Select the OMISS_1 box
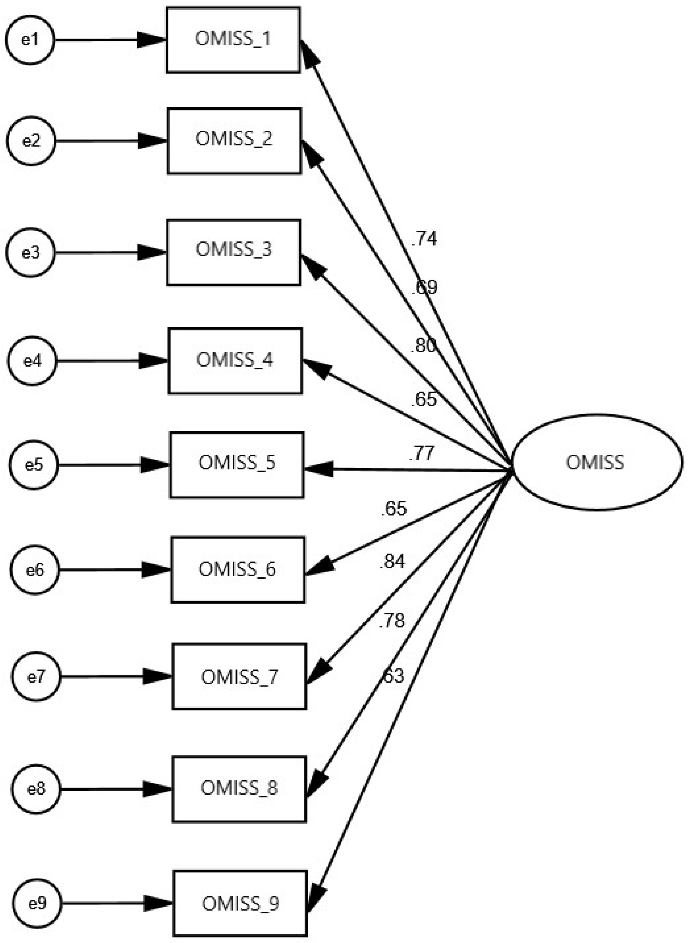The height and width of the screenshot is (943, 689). coord(233,40)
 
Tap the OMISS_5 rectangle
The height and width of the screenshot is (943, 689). coord(237,465)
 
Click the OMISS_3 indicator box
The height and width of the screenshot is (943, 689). coord(234,252)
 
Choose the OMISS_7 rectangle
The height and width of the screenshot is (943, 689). coord(239,677)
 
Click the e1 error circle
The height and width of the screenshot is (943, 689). coord(30,40)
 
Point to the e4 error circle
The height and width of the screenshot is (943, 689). coord(33,361)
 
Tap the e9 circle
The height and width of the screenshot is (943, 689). coord(37,904)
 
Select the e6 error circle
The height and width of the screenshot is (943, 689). coord(35,570)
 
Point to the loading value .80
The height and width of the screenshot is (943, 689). coord(423,346)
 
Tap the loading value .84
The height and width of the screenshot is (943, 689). coord(392,562)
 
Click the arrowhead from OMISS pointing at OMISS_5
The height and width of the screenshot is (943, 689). coord(319,469)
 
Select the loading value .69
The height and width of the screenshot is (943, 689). coord(424,287)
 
